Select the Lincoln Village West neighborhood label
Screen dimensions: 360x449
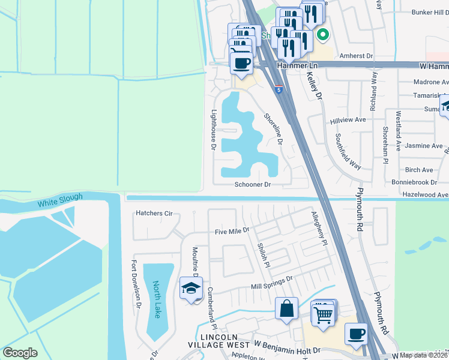220,340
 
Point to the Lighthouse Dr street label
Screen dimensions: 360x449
213,128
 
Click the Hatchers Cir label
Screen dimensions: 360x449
154,213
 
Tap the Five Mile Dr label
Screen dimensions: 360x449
232,230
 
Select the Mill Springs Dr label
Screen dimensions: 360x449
271,279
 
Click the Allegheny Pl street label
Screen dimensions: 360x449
319,229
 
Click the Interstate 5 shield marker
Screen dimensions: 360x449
279,89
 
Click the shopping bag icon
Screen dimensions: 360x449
287,308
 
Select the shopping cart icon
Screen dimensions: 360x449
323,313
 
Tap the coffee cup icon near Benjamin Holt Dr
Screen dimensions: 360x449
356,334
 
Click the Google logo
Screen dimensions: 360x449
20,353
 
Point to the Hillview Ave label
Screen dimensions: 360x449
348,120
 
